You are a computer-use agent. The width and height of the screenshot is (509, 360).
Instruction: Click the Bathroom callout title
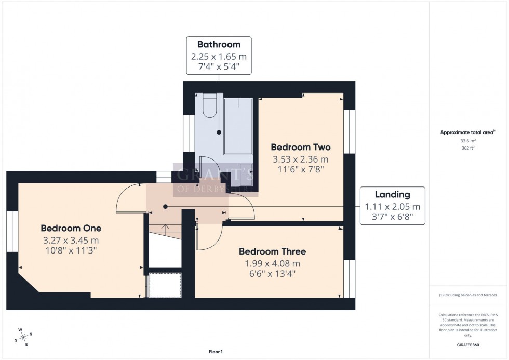point(218,45)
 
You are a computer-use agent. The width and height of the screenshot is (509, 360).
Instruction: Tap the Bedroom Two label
point(301,147)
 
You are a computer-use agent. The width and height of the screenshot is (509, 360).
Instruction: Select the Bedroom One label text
point(71,228)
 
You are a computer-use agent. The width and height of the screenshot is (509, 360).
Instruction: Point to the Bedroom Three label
point(272,251)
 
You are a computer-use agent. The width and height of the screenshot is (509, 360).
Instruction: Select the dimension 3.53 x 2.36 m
point(301,159)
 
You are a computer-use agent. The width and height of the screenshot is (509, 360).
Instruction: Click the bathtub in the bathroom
point(238,126)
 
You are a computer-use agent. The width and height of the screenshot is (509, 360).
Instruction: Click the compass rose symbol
point(24,337)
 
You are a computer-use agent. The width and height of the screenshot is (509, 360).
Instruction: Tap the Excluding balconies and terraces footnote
point(468,295)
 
